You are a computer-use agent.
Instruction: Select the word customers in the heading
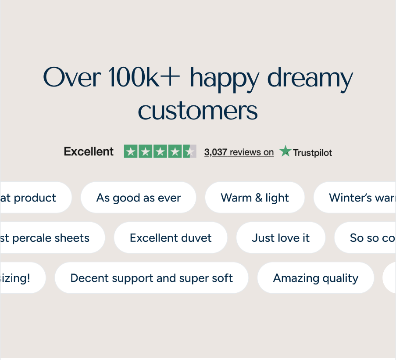point(198,111)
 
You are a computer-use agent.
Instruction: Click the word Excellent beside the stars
point(89,152)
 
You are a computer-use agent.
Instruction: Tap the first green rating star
point(131,152)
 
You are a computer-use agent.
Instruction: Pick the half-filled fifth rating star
point(189,152)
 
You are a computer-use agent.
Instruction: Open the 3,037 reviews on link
point(239,152)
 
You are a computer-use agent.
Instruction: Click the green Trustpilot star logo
point(285,151)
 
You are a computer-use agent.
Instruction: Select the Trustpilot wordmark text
point(312,153)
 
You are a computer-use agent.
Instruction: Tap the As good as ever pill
point(138,198)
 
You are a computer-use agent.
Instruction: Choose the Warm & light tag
point(255,198)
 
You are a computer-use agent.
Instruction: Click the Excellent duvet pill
point(171,238)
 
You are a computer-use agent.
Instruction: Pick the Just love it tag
point(281,238)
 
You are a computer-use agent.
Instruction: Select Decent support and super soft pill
point(151,278)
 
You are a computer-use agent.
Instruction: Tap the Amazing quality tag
point(315,278)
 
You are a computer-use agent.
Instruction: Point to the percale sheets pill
point(48,238)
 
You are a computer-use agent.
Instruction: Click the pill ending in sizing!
point(20,278)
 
